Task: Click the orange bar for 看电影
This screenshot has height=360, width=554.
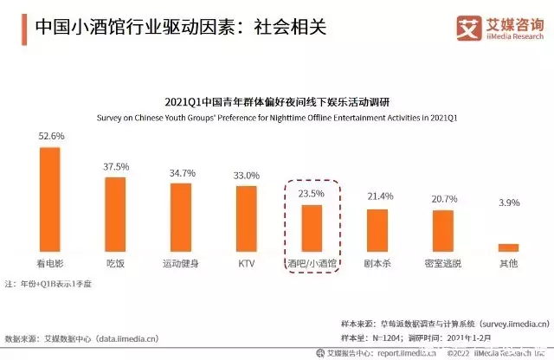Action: pos(50,198)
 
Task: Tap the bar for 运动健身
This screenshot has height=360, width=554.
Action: pos(181,216)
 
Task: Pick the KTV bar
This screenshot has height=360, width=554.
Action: pos(247,218)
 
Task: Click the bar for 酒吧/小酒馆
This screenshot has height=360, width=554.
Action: pos(312,228)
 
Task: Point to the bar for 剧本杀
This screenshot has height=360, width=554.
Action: pos(377,229)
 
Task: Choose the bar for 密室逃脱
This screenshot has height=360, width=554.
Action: pos(443,230)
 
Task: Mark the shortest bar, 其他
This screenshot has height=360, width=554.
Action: pos(508,247)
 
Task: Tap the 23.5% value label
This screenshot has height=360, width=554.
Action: pos(312,194)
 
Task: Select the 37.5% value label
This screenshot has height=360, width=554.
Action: pos(116,167)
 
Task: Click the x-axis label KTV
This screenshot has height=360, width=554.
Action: pos(247,261)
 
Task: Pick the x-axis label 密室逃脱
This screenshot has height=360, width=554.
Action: pos(443,261)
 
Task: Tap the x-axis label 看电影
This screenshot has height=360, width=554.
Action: pos(50,261)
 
